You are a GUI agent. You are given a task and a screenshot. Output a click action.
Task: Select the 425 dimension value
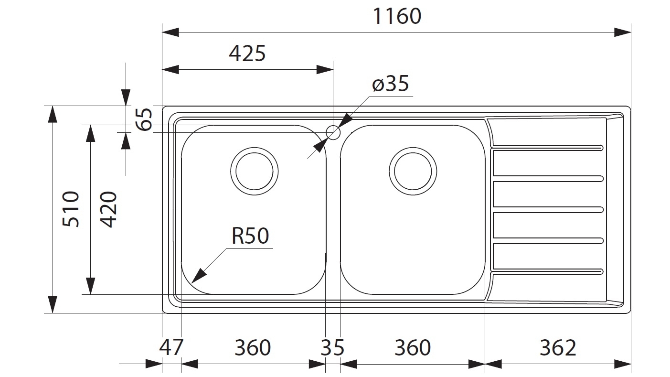coord(247,54)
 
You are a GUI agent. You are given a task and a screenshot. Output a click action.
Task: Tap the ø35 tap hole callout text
coord(390,84)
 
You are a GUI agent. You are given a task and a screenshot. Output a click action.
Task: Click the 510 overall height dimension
coord(71,209)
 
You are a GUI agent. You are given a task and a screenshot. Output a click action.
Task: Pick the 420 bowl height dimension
coord(109,209)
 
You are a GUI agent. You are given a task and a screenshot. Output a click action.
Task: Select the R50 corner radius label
coord(250,236)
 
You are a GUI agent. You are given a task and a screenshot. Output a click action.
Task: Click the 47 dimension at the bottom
coord(170,347)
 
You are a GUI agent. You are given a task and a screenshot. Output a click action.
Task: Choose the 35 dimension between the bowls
coord(332,347)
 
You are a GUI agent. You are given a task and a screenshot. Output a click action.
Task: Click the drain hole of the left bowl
coord(254,171)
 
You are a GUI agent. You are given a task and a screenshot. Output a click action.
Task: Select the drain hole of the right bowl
coord(413,171)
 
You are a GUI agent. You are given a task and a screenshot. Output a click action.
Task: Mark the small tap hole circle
coord(332,131)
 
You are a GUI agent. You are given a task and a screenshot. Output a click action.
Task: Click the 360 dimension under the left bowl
coord(253,347)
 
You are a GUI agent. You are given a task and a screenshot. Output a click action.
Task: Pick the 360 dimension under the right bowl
coord(412,347)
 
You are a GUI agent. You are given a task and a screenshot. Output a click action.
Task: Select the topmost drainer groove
coord(548,148)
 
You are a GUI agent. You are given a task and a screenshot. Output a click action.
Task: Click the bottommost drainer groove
coord(548,272)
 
